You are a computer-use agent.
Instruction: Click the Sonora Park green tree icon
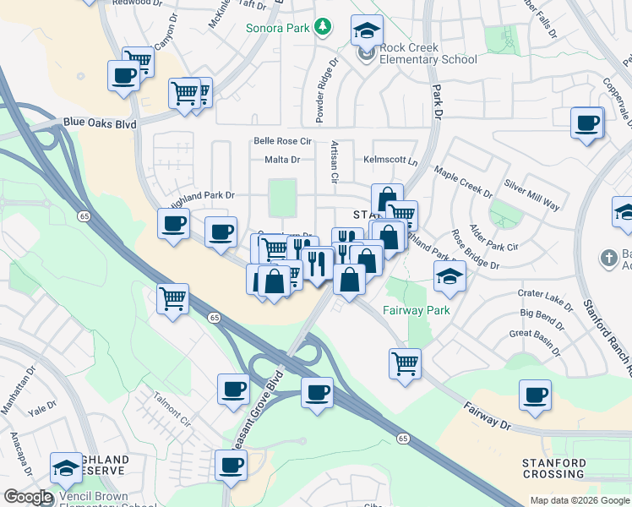[x=322, y=28]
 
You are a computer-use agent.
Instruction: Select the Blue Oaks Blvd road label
[x=100, y=123]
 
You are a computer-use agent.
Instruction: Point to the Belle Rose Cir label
[x=282, y=141]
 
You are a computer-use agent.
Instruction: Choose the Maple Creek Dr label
[x=463, y=182]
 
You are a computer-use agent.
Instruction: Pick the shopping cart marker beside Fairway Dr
[x=406, y=363]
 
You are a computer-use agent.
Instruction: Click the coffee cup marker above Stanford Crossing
[x=535, y=395]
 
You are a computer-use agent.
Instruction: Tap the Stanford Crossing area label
[x=554, y=469]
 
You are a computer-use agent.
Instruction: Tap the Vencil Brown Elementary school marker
[x=67, y=467]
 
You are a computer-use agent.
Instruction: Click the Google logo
[x=28, y=497]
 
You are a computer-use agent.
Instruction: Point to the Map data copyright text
[x=580, y=500]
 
